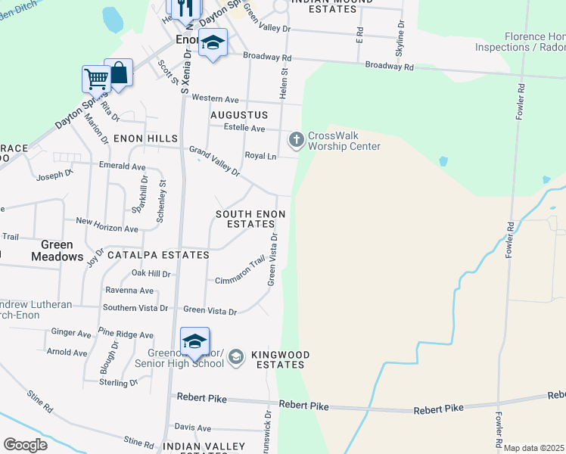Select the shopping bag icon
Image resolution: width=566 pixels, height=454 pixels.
[118, 72]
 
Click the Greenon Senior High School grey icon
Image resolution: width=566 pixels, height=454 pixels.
[236, 356]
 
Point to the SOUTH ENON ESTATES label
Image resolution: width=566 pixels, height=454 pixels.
[250, 219]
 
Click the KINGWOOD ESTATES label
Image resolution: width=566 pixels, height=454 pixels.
[278, 359]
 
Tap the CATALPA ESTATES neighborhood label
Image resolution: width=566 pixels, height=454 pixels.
[158, 256]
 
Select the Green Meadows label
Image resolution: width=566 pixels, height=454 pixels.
[57, 250]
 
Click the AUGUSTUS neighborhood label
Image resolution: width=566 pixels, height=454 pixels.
[239, 115]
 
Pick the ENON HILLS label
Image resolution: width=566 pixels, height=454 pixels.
[145, 139]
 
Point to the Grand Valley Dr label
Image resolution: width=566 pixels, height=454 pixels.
[214, 161]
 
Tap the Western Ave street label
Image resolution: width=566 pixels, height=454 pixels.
[215, 98]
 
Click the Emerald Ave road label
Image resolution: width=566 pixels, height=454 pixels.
[122, 166]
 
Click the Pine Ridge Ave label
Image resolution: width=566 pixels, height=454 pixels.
[126, 334]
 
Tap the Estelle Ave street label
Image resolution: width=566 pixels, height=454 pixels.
[243, 128]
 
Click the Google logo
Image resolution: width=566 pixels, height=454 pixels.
[26, 445]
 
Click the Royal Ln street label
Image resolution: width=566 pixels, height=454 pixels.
[260, 155]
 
